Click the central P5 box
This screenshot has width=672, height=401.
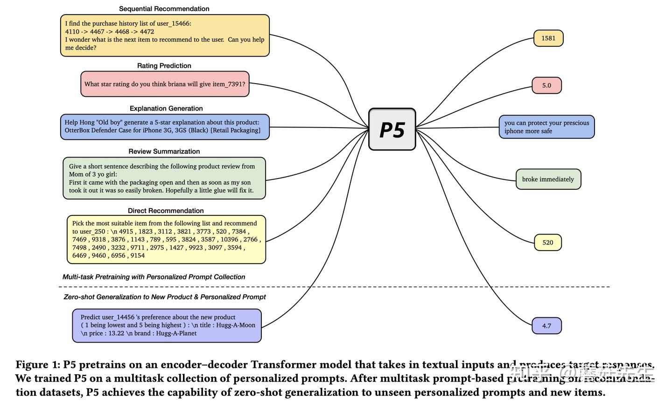[x=392, y=129]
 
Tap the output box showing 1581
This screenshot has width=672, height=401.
[x=548, y=38]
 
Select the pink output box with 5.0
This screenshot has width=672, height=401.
[x=546, y=86]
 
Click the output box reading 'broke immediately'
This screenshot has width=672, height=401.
[x=548, y=179]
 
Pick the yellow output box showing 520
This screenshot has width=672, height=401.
[x=548, y=243]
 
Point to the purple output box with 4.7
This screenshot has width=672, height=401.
[x=546, y=326]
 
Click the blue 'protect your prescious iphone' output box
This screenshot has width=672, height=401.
[x=546, y=127]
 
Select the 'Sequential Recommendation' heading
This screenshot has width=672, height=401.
[x=164, y=9]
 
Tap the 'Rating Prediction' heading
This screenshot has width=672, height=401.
[x=164, y=66]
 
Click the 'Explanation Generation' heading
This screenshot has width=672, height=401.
[x=166, y=108]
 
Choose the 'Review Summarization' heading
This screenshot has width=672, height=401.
[x=164, y=151]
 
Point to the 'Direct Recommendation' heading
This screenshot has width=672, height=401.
[x=166, y=211]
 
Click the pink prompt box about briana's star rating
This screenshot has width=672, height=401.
[x=165, y=84]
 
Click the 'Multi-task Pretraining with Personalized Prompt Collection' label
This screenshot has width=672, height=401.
[x=154, y=277]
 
